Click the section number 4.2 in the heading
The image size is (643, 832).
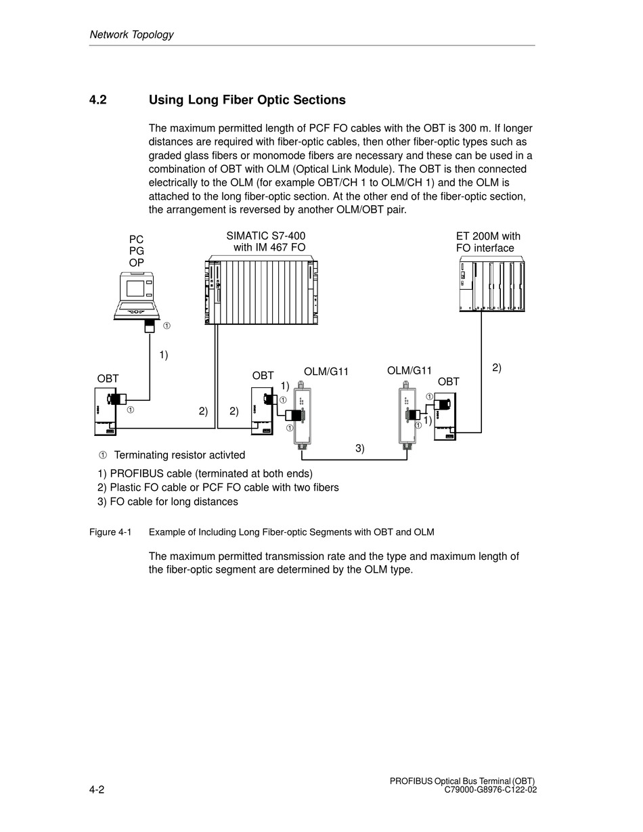pyautogui.click(x=98, y=100)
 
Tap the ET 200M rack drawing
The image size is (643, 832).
pyautogui.click(x=491, y=285)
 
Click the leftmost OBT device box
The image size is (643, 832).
pyautogui.click(x=106, y=411)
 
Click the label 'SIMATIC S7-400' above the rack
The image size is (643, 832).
pyautogui.click(x=266, y=236)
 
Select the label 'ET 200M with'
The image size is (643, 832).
pyautogui.click(x=488, y=236)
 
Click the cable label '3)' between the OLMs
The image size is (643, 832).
pyautogui.click(x=360, y=448)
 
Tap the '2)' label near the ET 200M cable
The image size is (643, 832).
pyautogui.click(x=497, y=368)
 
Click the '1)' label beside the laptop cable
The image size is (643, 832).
pyautogui.click(x=164, y=355)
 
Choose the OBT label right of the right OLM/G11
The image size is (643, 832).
pyautogui.click(x=448, y=382)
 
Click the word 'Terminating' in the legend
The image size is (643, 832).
pyautogui.click(x=141, y=455)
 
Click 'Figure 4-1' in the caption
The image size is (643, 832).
pyautogui.click(x=110, y=532)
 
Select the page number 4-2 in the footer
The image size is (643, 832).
pyautogui.click(x=97, y=789)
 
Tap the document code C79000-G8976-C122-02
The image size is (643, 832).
pyautogui.click(x=491, y=789)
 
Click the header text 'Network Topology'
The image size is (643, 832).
pyautogui.click(x=131, y=35)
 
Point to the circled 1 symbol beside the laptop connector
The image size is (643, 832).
pyautogui.click(x=167, y=326)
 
